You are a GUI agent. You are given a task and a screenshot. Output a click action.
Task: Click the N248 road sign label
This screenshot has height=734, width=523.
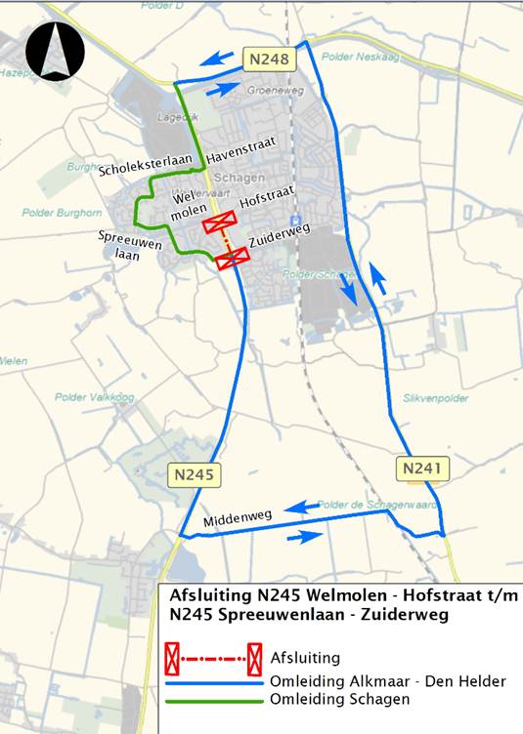[x=269, y=61]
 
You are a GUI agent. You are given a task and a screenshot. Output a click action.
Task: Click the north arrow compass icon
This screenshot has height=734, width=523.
[x=56, y=52]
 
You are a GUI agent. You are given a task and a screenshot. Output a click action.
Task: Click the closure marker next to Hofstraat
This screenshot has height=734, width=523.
[x=219, y=224]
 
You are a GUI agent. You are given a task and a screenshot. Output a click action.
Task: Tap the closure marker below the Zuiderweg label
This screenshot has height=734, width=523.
[x=233, y=257]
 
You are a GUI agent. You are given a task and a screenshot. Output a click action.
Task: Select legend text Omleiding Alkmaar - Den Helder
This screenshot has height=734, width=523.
[x=388, y=680]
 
